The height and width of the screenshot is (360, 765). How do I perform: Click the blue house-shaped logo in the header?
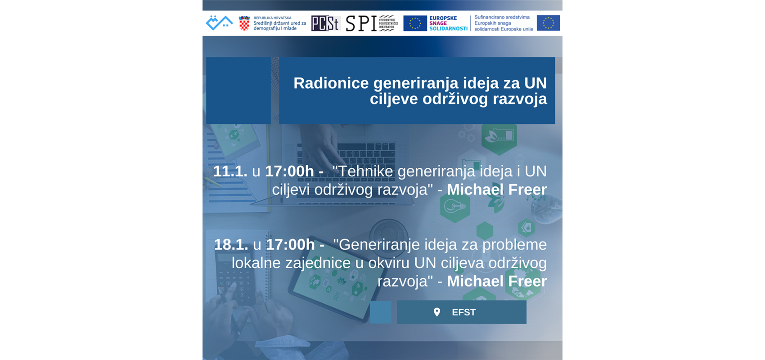(x=219, y=23)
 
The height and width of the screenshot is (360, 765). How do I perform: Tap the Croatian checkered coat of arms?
(x=244, y=23)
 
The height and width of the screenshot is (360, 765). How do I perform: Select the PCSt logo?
(x=325, y=23)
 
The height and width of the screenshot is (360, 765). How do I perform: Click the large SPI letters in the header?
(x=361, y=23)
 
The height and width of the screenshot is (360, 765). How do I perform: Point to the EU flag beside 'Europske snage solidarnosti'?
(x=414, y=23)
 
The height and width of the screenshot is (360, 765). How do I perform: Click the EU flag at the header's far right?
(x=548, y=23)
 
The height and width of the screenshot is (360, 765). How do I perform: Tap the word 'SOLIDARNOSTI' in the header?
(x=448, y=29)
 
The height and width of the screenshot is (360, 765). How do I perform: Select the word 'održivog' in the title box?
(x=454, y=99)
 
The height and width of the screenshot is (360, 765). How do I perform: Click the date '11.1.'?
(x=230, y=171)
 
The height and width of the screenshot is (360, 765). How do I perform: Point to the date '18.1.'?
(x=231, y=245)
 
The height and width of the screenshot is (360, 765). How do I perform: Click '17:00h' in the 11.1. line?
(x=289, y=171)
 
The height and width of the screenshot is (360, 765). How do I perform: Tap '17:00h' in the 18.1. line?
(x=290, y=245)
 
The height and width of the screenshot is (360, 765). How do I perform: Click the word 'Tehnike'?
(x=365, y=171)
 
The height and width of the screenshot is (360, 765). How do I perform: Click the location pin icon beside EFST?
(x=436, y=312)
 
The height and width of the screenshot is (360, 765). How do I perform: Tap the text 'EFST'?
(x=463, y=312)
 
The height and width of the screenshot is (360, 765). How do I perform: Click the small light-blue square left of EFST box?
(x=380, y=312)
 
